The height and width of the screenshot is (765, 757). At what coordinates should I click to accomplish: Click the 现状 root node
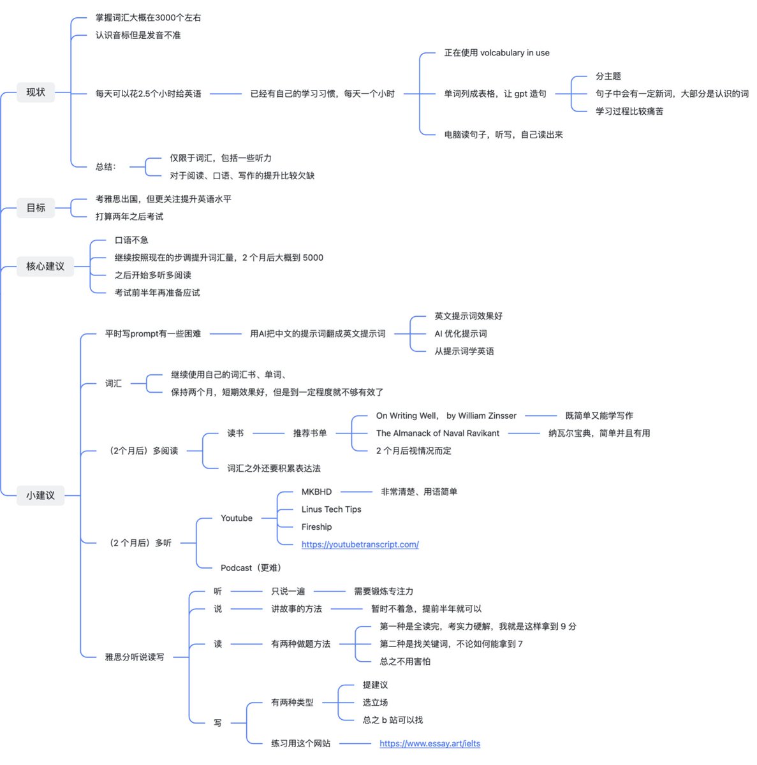[36, 92]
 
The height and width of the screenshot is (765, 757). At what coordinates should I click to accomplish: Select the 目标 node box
[36, 208]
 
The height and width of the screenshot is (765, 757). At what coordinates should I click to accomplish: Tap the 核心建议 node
[45, 266]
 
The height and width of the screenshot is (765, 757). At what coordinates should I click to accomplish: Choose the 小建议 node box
[40, 495]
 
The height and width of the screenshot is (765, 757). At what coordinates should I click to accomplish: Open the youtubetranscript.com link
[360, 544]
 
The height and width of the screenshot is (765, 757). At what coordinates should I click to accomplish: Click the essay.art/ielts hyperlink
[429, 743]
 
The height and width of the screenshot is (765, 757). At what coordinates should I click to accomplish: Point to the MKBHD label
[316, 492]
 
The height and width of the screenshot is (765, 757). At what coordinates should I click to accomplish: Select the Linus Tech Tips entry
[331, 509]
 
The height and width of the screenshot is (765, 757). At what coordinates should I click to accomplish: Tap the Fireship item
[316, 527]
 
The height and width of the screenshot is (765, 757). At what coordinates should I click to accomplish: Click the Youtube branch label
[236, 518]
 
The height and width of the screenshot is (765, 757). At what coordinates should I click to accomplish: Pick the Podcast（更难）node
[251, 568]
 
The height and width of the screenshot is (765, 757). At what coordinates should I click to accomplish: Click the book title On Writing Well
[406, 416]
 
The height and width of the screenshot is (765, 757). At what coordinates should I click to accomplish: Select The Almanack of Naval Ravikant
[437, 433]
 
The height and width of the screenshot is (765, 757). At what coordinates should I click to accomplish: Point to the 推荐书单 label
[309, 433]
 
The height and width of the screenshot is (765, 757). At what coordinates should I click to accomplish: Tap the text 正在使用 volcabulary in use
[496, 53]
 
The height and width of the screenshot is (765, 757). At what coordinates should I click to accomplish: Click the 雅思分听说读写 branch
[134, 657]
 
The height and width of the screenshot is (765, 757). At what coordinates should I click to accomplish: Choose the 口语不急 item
[131, 240]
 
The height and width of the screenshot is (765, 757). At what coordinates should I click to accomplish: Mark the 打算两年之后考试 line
[129, 217]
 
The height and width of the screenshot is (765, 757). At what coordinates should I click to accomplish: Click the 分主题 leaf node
[608, 76]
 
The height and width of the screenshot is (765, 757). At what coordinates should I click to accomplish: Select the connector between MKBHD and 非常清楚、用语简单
[356, 492]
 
